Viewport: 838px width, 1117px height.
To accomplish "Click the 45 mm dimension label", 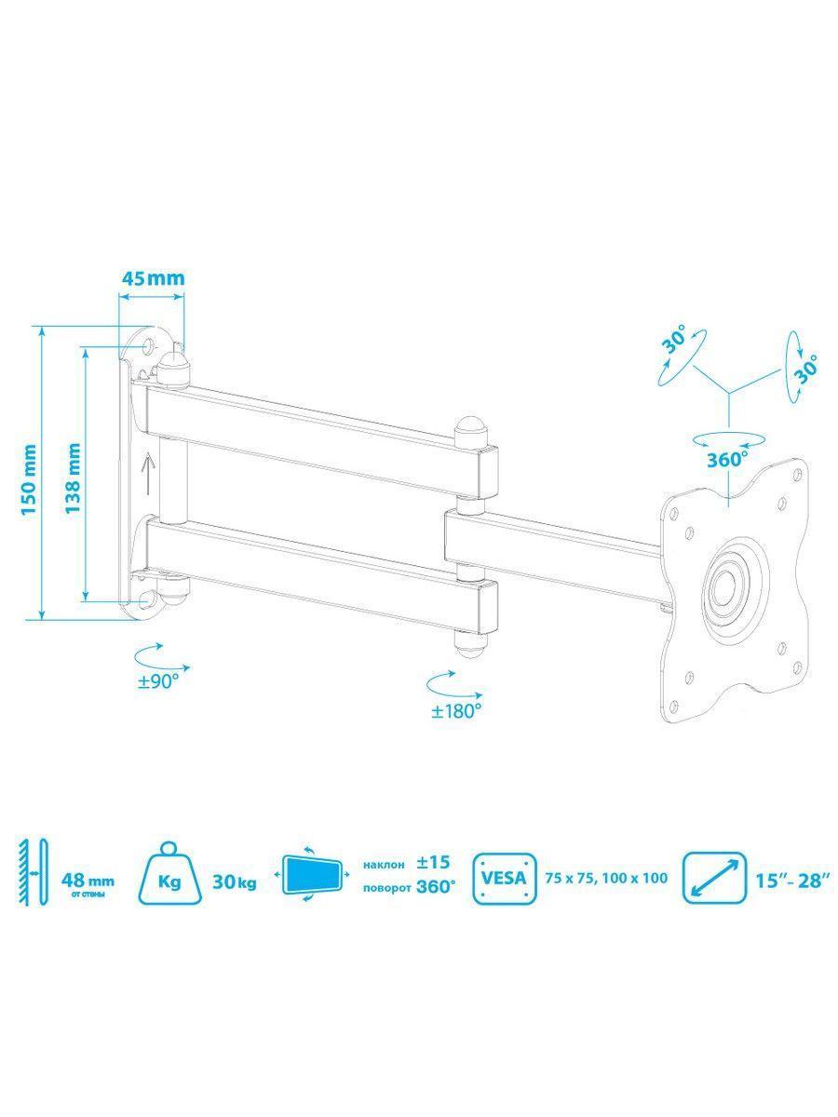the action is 153,278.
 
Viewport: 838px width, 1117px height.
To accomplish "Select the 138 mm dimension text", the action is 74,478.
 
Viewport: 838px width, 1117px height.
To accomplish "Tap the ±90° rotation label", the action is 158,682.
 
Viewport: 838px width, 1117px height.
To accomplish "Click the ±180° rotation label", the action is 456,710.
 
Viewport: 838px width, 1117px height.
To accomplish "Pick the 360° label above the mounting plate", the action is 728,460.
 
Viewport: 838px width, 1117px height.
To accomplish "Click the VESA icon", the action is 505,878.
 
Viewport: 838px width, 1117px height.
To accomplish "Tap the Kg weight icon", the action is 170,874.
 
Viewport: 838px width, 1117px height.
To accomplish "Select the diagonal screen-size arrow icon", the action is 715,878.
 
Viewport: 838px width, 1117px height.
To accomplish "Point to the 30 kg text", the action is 235,881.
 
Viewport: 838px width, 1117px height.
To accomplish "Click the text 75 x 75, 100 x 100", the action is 606,878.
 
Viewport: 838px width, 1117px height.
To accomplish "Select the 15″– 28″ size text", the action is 792,881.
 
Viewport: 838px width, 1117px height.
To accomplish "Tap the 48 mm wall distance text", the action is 88,880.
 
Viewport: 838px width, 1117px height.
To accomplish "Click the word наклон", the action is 385,865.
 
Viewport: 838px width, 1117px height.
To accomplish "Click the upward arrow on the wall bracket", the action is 147,474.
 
